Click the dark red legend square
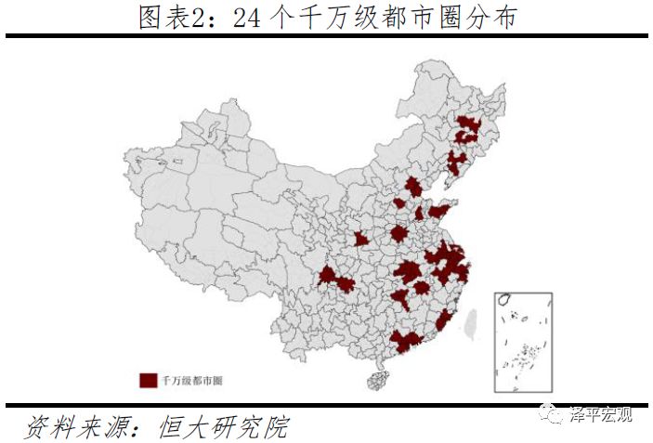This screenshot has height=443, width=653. point(148,379)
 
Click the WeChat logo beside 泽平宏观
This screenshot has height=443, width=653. point(554,414)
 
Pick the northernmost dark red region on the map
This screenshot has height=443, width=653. point(468,127)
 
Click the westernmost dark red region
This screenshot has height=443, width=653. point(327,275)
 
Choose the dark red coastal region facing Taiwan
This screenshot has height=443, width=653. point(444,320)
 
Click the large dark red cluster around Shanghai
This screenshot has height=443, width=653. point(451,264)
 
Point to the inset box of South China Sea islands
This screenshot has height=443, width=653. point(522,340)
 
